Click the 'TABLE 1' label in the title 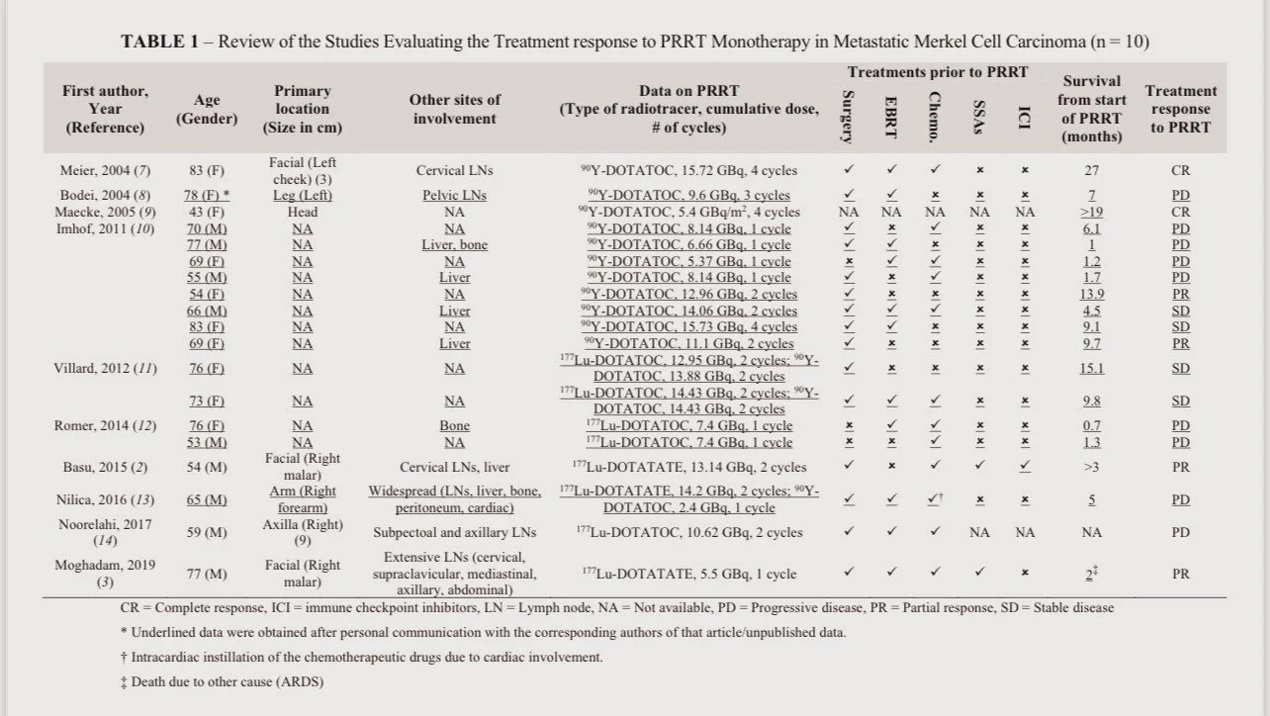tap(164, 42)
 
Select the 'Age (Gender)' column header tap(207, 109)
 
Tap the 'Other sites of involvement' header tap(454, 109)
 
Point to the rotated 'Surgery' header tap(848, 116)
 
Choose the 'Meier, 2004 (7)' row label tap(105, 170)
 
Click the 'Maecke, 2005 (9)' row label tap(105, 212)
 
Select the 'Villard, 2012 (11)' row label tap(105, 369)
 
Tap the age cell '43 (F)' tap(206, 212)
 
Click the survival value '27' tap(1091, 170)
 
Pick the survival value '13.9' tap(1091, 295)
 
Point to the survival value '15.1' tap(1091, 369)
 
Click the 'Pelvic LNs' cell tap(454, 196)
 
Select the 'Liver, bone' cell tap(454, 245)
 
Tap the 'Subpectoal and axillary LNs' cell tap(454, 533)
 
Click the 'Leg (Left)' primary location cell tap(303, 196)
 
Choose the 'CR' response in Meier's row tap(1180, 170)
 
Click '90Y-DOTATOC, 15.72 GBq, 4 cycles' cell tap(689, 170)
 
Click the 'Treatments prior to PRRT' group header tap(937, 72)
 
